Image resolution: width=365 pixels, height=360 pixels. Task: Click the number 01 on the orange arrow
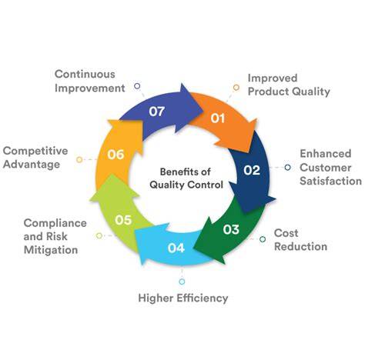pyautogui.click(x=218, y=118)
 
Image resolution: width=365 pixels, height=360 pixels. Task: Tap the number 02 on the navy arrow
pyautogui.click(x=252, y=170)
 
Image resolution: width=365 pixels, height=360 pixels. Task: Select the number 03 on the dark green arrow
pyautogui.click(x=231, y=229)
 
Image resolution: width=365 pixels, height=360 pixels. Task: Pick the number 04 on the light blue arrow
pyautogui.click(x=176, y=248)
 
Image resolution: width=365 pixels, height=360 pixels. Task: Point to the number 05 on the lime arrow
pyautogui.click(x=123, y=220)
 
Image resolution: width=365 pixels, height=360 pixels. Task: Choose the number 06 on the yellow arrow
pyautogui.click(x=116, y=155)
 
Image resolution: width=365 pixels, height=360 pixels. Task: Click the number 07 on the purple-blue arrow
pyautogui.click(x=157, y=112)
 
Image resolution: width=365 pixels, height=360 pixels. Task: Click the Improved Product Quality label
pyautogui.click(x=289, y=85)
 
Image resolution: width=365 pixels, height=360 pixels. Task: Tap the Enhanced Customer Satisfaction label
pyautogui.click(x=330, y=168)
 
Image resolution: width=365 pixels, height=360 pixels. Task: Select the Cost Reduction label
pyautogui.click(x=300, y=240)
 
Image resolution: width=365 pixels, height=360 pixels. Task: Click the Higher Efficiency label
pyautogui.click(x=183, y=298)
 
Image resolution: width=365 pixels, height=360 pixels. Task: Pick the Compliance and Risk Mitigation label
pyautogui.click(x=55, y=236)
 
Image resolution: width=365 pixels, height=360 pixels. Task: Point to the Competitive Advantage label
pyautogui.click(x=35, y=158)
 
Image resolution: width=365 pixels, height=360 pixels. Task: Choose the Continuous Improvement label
pyautogui.click(x=90, y=82)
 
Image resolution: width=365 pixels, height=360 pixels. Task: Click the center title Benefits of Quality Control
pyautogui.click(x=186, y=178)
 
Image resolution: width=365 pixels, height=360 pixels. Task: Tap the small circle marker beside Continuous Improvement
pyautogui.click(x=137, y=86)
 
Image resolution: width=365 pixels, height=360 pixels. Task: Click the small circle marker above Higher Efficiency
pyautogui.click(x=182, y=282)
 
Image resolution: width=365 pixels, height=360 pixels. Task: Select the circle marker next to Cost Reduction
pyautogui.click(x=263, y=239)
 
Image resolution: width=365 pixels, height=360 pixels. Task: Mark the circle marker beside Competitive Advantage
pyautogui.click(x=79, y=160)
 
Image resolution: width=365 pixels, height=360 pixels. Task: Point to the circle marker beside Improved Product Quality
pyautogui.click(x=236, y=88)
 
